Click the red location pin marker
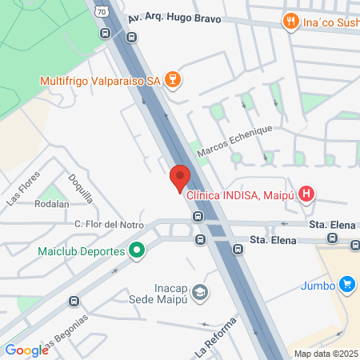pyautogui.click(x=180, y=177)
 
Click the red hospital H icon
pyautogui.click(x=306, y=194)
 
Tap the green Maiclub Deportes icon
pyautogui.click(x=136, y=251)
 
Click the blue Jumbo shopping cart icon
pyautogui.click(x=346, y=284)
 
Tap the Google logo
pyautogui.click(x=26, y=350)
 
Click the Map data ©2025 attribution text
pyautogui.click(x=326, y=354)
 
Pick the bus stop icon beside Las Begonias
pyautogui.click(x=74, y=301)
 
